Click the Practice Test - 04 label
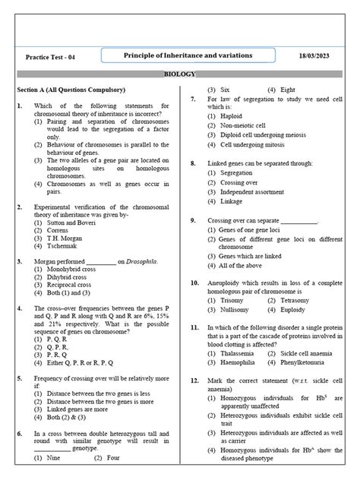50,58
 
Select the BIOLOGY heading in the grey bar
180,74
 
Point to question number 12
195,379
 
